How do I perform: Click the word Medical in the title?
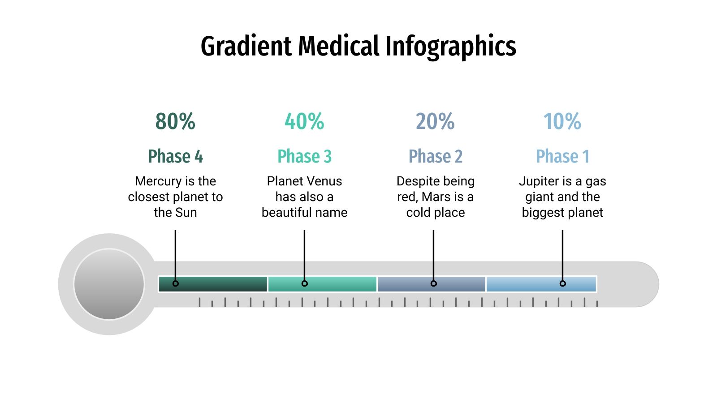[x=338, y=46]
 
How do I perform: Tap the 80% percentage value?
[x=175, y=121]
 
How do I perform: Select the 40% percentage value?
[x=304, y=121]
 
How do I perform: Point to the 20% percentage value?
[x=435, y=121]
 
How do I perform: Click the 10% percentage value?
[x=562, y=121]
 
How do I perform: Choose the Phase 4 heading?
[x=175, y=156]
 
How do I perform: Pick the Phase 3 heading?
[x=304, y=156]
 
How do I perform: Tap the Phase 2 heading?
[x=435, y=156]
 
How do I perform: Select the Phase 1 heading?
[x=562, y=156]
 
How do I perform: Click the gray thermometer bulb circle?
[x=109, y=284]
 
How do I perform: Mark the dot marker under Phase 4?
[x=175, y=283]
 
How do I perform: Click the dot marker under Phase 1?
[x=562, y=283]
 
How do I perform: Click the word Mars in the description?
[x=436, y=197]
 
